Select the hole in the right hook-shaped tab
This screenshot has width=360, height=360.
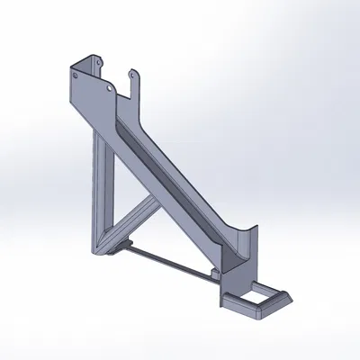click(133, 76)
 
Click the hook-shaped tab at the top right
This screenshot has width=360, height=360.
click(135, 81)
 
